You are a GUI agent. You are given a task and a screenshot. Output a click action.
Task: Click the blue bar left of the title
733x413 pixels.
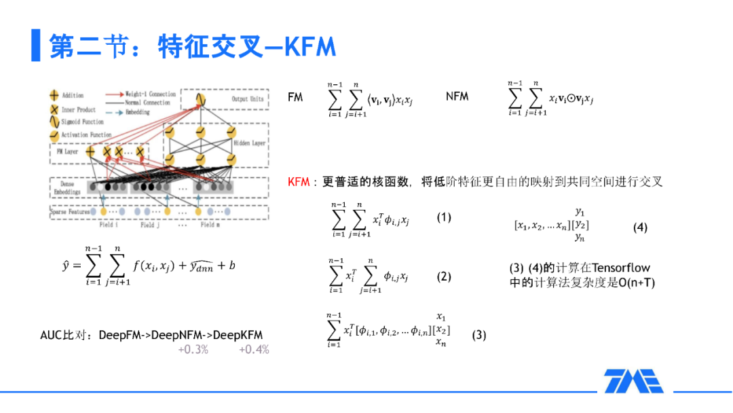coord(35,46)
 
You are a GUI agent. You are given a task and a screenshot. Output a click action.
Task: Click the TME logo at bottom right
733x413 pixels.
coord(634,381)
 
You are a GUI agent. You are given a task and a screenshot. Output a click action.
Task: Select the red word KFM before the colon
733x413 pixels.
coord(299,182)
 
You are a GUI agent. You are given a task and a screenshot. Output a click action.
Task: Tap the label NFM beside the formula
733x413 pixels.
coord(457,96)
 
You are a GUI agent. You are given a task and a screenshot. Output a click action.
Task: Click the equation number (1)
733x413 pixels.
coord(443,217)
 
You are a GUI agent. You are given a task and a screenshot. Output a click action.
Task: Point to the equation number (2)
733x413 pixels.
coord(443,276)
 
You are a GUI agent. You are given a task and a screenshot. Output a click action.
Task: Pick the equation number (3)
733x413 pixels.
coord(478,335)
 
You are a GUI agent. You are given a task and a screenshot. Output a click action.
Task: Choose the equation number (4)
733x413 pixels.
coord(640,228)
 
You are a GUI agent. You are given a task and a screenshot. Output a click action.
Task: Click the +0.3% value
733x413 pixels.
coord(193,350)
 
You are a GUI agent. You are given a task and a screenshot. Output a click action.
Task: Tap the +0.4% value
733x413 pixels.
coord(254,350)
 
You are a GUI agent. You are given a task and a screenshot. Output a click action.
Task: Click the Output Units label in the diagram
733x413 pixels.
coord(247,99)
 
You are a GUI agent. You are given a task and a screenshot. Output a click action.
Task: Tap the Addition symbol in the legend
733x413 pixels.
coord(54,96)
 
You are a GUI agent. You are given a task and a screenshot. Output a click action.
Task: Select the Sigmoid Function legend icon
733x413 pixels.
coord(54,122)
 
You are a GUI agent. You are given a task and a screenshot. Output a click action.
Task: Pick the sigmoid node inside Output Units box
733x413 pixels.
coord(200,100)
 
